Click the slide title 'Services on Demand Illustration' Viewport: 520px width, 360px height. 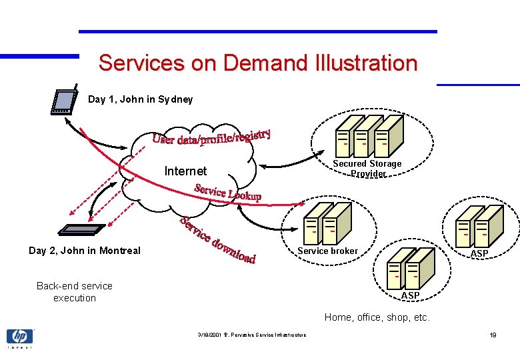(257, 63)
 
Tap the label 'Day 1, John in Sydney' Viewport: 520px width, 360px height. (140, 99)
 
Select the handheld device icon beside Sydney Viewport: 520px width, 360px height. (64, 100)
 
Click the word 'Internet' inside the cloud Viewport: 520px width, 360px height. (185, 171)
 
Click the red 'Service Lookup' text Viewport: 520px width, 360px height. (227, 192)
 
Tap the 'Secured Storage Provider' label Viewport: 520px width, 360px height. (367, 168)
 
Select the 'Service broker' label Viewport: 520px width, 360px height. (327, 251)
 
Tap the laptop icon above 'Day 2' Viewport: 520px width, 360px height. (81, 229)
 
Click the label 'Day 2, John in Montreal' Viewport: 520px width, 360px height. (85, 251)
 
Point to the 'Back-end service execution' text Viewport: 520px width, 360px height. (75, 292)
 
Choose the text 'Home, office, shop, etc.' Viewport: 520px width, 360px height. (377, 317)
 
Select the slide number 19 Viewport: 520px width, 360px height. (493, 335)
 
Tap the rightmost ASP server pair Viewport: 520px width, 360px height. (479, 225)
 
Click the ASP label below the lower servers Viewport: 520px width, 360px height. (410, 295)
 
